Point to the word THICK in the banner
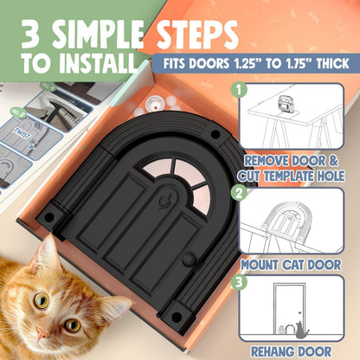pyautogui.click(x=328, y=63)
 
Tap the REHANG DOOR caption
pyautogui.click(x=298, y=350)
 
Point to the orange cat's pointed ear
pyautogui.click(x=47, y=251)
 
